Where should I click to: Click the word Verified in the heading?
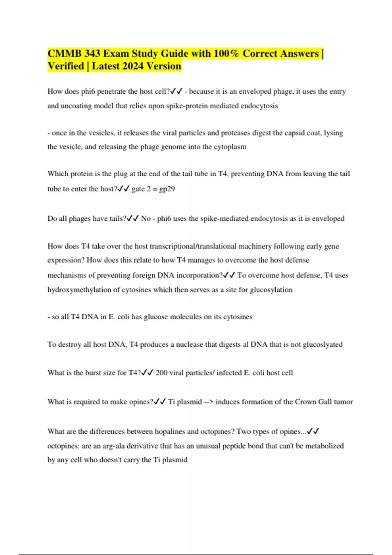pos(66,66)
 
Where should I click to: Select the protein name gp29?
pos(167,189)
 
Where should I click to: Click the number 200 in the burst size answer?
pos(161,373)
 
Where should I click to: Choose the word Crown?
pos(305,402)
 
